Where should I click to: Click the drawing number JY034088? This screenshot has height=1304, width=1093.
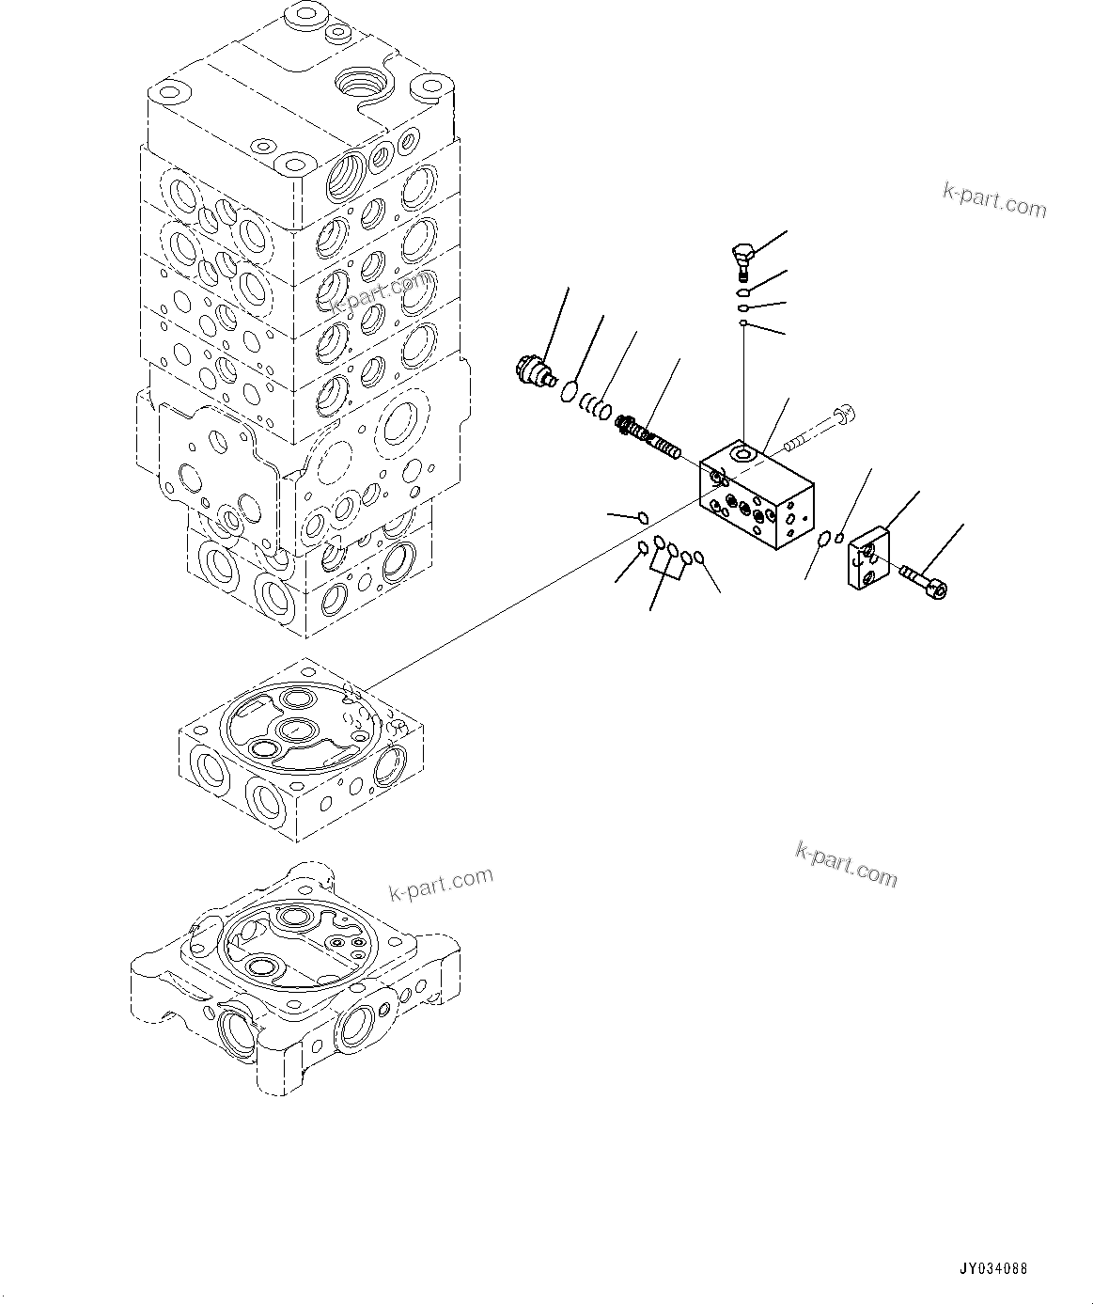tap(994, 1268)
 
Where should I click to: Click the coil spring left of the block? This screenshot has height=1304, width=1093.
tap(651, 438)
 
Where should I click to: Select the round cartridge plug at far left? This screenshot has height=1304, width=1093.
tap(534, 369)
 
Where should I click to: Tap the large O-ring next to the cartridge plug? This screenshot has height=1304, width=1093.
tap(570, 390)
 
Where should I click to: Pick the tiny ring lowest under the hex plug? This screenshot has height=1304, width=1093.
tap(742, 323)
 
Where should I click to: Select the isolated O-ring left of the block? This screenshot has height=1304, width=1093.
tap(643, 516)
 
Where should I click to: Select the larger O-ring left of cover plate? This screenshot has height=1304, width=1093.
tap(824, 539)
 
